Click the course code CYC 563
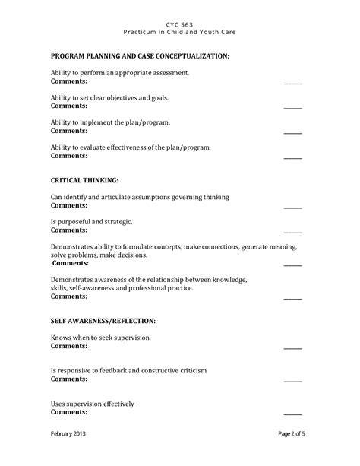point(179,24)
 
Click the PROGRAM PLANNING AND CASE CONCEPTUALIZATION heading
point(140,56)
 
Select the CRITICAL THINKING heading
point(84,181)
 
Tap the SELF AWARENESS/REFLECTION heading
point(103,321)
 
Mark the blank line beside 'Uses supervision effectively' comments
point(292,414)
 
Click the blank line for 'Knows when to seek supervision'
point(292,347)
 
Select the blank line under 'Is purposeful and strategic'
point(292,231)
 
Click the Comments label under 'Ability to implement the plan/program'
point(68,132)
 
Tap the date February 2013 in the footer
point(72,455)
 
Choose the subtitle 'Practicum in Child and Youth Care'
point(179,32)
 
